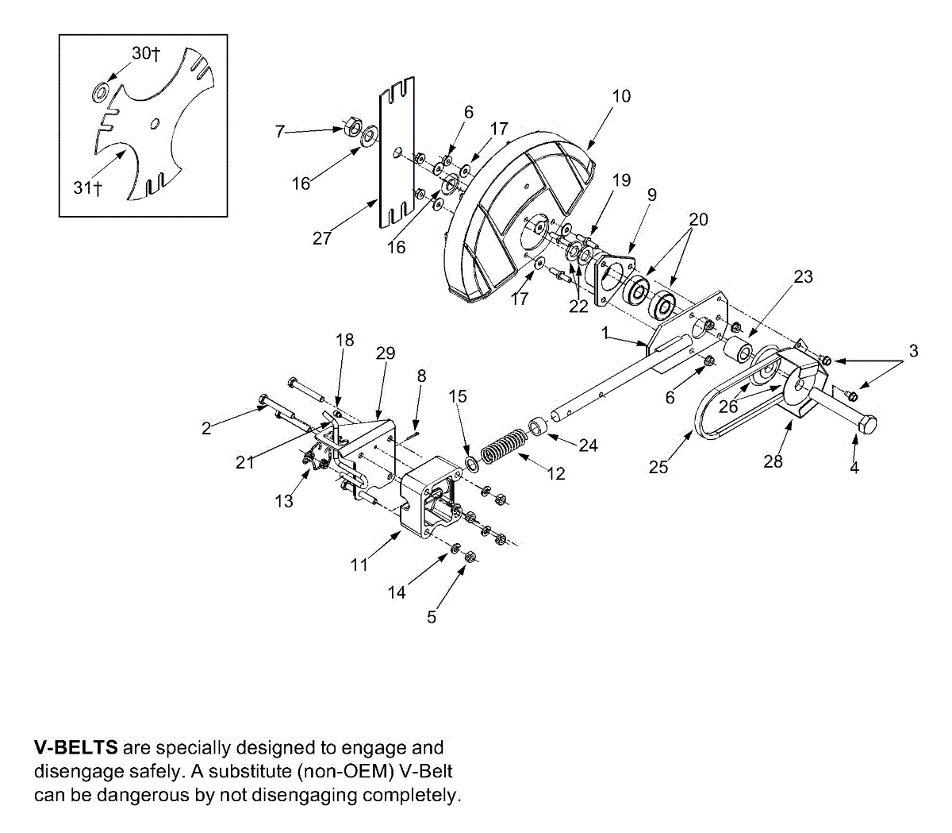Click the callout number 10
[621, 96]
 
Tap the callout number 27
[321, 238]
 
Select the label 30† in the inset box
[146, 53]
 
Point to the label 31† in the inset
[88, 187]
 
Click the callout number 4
[854, 468]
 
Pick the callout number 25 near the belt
[658, 467]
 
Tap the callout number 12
[556, 473]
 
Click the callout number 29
[386, 353]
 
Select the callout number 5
[432, 616]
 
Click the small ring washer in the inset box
[101, 91]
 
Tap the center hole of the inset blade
[155, 122]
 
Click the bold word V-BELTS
[76, 747]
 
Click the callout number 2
[206, 428]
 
